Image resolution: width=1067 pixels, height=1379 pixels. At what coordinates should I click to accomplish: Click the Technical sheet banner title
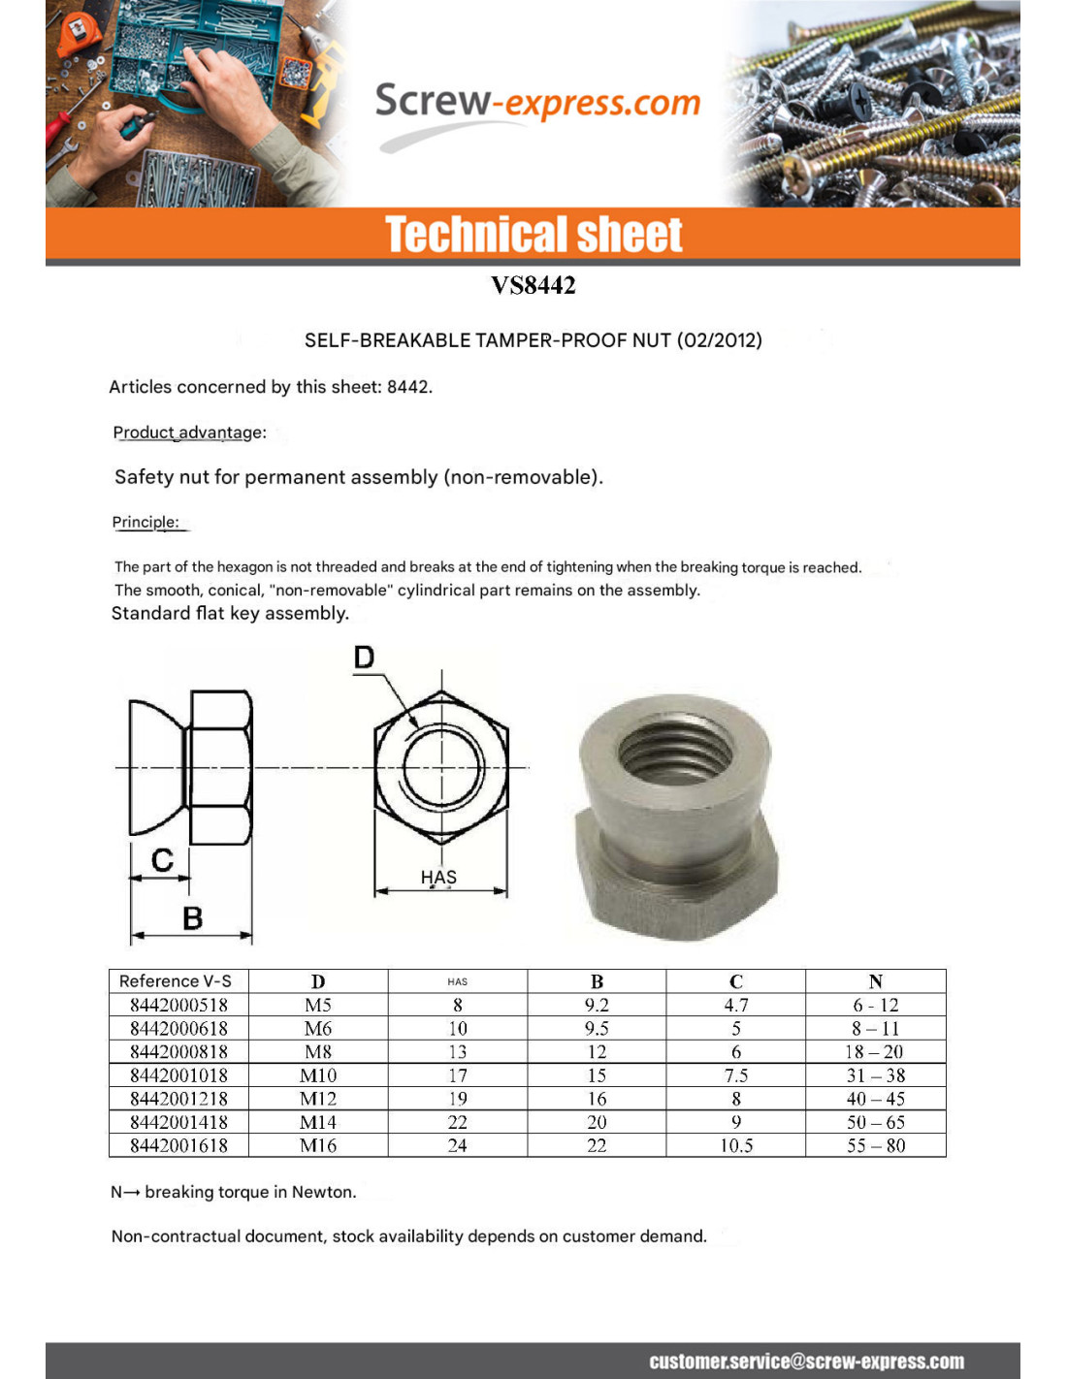point(533,235)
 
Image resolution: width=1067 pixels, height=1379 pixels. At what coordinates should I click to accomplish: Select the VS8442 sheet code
point(533,285)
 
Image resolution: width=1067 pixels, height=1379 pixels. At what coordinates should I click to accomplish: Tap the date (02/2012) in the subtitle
point(719,340)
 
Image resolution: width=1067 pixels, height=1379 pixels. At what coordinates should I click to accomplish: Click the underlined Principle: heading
point(145,522)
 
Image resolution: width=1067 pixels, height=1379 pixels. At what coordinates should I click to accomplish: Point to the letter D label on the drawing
point(364,657)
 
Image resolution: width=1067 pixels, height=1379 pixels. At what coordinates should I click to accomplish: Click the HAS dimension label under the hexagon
point(438,877)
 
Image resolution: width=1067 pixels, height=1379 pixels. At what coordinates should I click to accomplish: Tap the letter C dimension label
point(162,859)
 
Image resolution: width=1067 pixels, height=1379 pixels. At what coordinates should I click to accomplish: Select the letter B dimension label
point(192,917)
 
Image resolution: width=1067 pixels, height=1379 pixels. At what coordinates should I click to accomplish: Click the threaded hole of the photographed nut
point(676,749)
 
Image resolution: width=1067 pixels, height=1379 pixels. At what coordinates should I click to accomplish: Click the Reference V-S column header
point(176,980)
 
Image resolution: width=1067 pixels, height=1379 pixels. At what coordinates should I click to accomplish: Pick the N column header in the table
point(875,980)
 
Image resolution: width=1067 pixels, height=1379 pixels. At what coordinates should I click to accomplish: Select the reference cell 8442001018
point(178,1074)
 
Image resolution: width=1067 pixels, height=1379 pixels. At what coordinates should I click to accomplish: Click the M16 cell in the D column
point(318,1145)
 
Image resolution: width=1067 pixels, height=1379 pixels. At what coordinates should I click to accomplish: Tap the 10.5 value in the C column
point(736,1145)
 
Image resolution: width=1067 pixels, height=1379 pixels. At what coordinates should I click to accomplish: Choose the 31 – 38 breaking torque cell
point(875,1074)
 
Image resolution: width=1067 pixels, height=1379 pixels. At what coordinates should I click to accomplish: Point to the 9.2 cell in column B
point(597,1005)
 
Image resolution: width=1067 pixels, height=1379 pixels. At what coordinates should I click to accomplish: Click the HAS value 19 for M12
point(457,1099)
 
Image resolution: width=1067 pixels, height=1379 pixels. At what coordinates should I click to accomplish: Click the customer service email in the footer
point(806,1361)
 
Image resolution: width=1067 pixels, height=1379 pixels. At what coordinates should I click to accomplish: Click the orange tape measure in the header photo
point(78,34)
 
